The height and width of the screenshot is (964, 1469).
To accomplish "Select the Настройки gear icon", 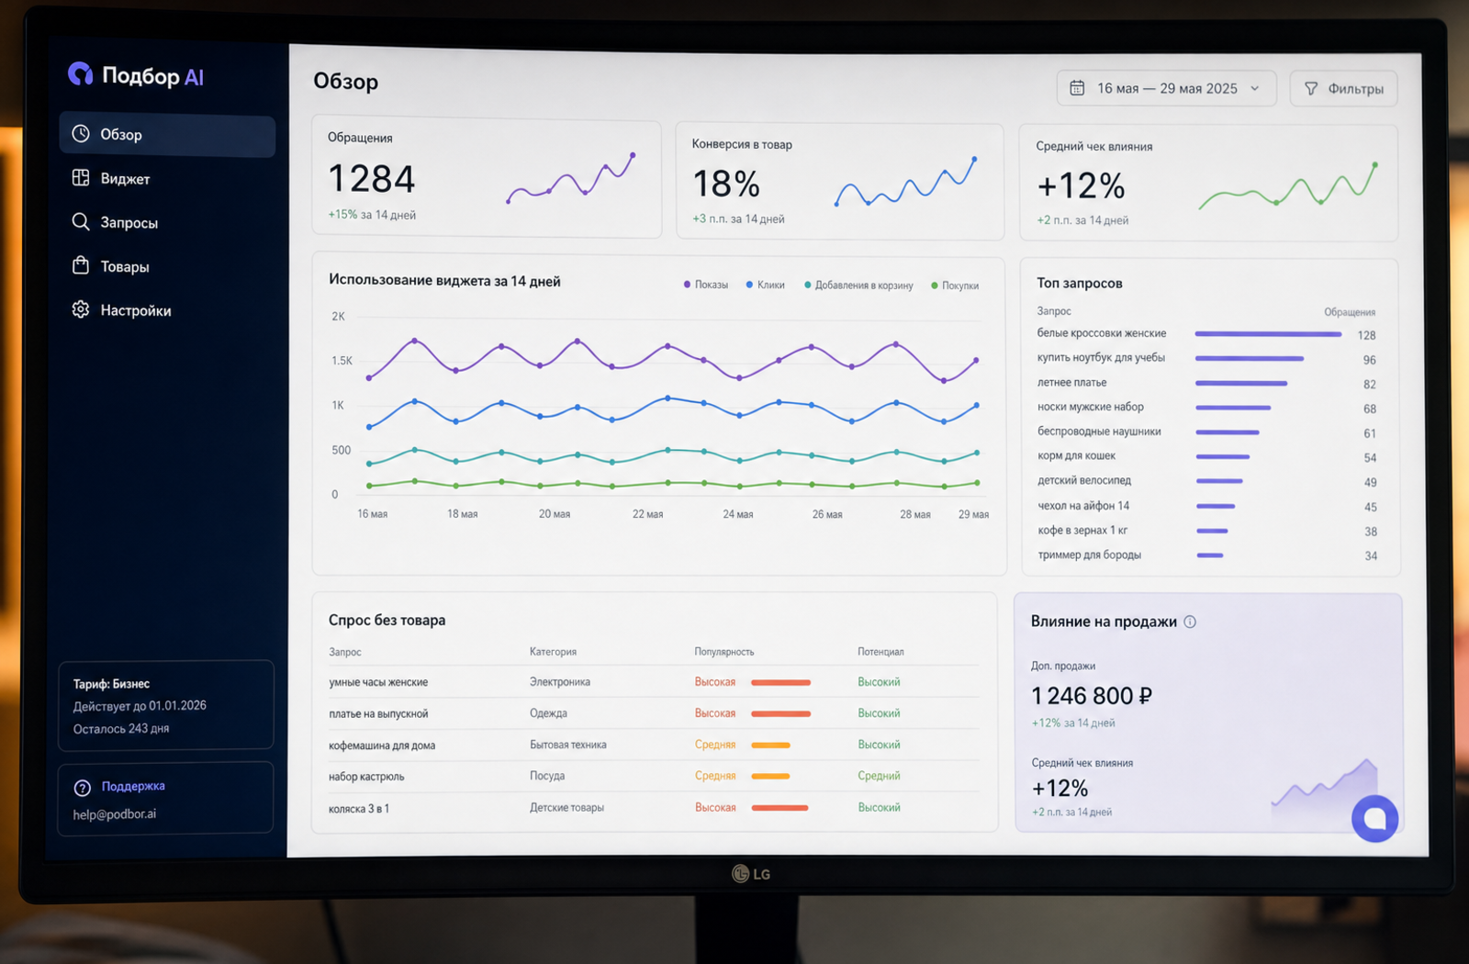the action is point(81,309).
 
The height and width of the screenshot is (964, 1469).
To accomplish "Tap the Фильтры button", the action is point(1343,88).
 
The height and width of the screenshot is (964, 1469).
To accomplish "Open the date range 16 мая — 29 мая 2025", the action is point(1166,88).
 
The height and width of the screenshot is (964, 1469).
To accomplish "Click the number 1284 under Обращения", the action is point(371,178).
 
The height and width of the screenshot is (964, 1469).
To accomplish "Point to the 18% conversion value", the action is point(726,184).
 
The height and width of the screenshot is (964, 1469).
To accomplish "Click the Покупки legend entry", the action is point(955,286).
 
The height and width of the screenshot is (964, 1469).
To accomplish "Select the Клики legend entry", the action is point(766,285).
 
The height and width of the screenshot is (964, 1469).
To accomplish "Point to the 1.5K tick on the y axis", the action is point(342,361).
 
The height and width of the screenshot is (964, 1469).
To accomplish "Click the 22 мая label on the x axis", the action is point(647,514).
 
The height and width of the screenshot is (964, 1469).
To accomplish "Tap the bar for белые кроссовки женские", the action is point(1268,334).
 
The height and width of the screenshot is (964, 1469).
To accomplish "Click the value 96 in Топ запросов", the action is point(1369,360).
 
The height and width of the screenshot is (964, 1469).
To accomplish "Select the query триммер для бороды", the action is point(1089,555).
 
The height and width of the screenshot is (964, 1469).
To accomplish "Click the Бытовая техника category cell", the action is point(568,745).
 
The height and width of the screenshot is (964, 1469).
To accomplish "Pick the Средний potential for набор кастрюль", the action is point(879,776).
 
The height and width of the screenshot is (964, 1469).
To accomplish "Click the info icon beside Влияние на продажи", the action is point(1190,622).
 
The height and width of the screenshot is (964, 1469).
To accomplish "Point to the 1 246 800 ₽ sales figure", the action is point(1092,695).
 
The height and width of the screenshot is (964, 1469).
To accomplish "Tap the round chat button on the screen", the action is point(1374,818).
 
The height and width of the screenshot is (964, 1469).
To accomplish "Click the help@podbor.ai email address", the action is point(115,813).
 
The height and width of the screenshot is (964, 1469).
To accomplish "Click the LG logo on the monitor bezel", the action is point(751,873).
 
